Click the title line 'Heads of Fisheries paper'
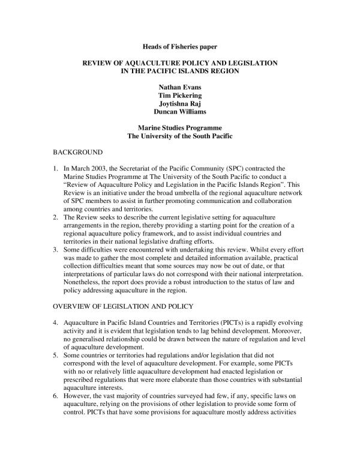click(179, 46)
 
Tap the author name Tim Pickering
click(179, 95)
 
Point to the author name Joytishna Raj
click(179, 103)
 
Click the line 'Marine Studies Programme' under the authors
click(179, 128)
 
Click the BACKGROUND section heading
click(77, 153)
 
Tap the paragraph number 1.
click(56, 169)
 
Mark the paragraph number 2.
click(56, 217)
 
